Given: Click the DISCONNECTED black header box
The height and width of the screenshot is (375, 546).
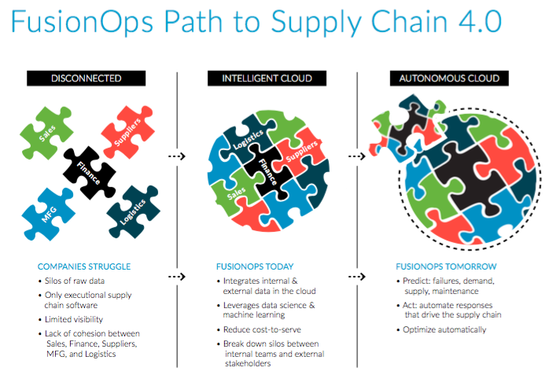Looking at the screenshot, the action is [86, 79].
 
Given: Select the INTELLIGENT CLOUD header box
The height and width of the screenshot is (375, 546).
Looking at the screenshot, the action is [267, 79].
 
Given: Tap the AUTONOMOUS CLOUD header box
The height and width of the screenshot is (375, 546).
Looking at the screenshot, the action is [449, 79].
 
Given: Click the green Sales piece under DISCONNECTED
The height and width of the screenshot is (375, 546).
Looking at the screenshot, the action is [46, 133].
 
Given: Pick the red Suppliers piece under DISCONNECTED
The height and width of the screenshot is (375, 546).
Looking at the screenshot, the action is [127, 132].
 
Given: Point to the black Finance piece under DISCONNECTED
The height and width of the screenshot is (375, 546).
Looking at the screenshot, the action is [89, 173].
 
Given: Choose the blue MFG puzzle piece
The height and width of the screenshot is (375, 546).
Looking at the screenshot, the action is [49, 215].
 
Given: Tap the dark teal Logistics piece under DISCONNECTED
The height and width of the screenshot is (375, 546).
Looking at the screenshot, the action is [133, 211].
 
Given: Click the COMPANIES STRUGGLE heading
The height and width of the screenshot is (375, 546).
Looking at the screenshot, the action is [84, 267].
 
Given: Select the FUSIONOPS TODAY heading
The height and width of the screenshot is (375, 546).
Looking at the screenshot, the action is [255, 267].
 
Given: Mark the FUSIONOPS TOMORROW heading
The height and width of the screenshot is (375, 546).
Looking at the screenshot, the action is [446, 267].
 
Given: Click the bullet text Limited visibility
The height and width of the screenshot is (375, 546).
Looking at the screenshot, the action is [74, 319].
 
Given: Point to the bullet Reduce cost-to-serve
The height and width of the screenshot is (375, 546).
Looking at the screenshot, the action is [262, 329].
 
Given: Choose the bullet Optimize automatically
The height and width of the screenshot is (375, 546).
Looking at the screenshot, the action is [445, 329].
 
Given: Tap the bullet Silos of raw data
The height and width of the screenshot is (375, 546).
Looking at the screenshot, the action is [75, 281].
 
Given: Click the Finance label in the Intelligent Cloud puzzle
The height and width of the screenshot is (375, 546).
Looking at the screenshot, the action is [268, 172].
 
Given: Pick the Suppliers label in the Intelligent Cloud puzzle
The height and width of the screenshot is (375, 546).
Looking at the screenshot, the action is [301, 151].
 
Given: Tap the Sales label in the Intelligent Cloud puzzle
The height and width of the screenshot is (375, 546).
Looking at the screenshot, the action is [237, 193].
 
